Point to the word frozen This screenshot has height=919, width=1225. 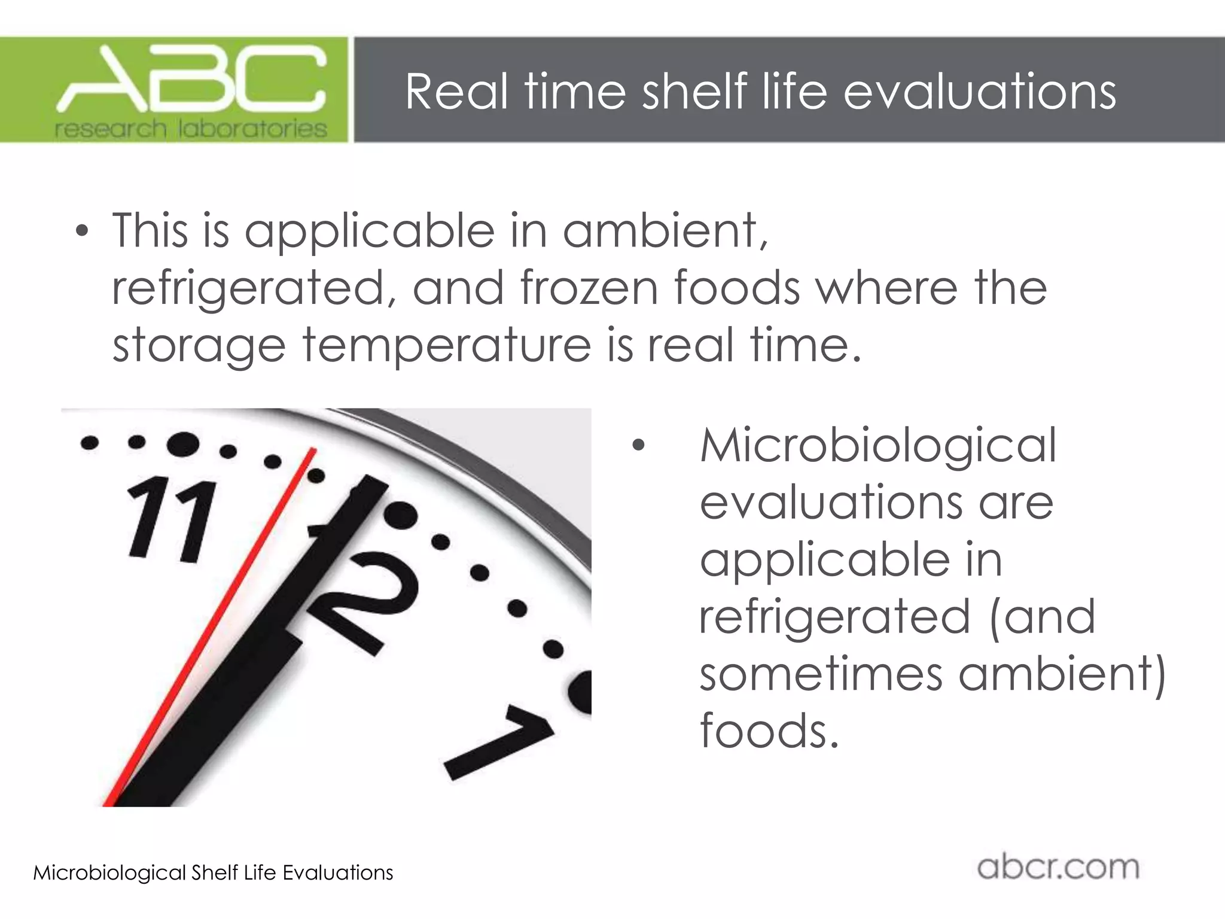pos(589,288)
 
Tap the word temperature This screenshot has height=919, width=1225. pos(446,345)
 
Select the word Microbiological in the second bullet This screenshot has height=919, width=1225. pos(878,446)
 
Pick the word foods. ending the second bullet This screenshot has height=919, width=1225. pos(769,731)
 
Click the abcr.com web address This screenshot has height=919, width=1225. pos(1058,868)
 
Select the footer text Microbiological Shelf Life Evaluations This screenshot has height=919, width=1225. pos(213,873)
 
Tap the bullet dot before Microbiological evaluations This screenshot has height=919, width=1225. pos(638,445)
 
